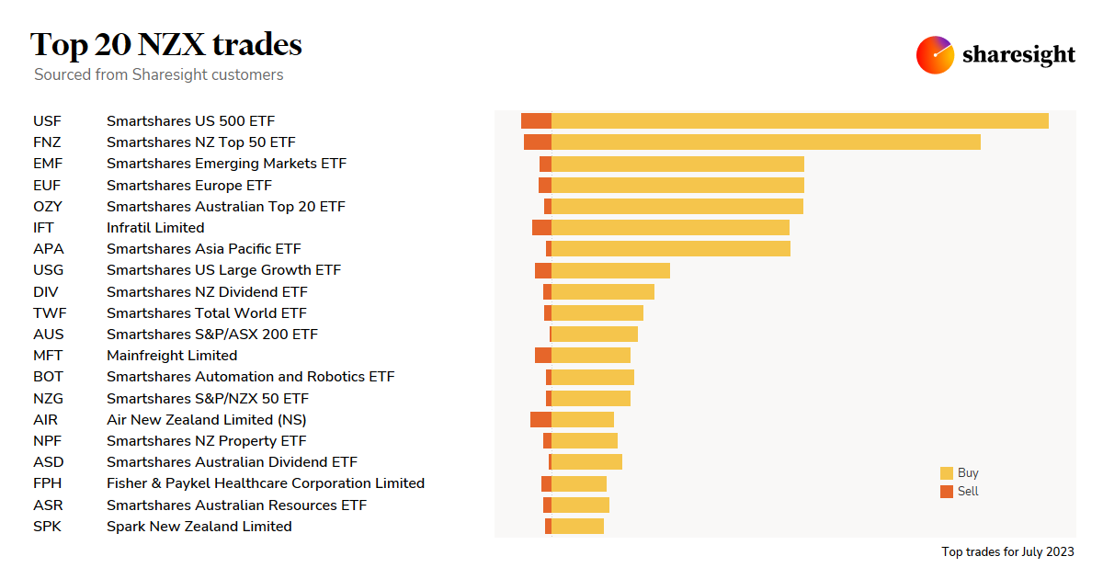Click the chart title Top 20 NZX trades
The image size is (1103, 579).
tap(165, 44)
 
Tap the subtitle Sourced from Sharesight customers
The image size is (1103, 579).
tap(158, 74)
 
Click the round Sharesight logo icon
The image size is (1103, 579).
tap(935, 55)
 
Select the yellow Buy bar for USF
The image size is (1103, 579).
tap(800, 120)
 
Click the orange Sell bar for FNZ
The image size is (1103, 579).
tap(538, 142)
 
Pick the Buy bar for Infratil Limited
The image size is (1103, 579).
tap(670, 227)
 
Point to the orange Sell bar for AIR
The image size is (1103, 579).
tap(540, 419)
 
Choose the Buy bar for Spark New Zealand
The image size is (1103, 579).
tap(577, 526)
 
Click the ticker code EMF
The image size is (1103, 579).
tap(48, 164)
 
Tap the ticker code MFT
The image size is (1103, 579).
tap(48, 356)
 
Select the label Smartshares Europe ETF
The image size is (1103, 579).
tap(189, 185)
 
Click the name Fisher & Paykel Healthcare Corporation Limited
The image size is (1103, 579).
tap(266, 483)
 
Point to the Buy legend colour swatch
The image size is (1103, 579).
tap(947, 473)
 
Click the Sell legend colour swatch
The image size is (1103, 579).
tap(947, 492)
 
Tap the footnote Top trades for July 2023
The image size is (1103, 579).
tap(1007, 552)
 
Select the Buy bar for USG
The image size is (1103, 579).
tap(610, 270)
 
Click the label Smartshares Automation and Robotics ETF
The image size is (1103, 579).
tap(250, 377)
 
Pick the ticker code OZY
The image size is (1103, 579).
tap(48, 206)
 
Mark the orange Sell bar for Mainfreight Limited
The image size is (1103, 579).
tap(543, 355)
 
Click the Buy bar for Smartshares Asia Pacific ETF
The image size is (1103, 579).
tap(671, 248)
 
